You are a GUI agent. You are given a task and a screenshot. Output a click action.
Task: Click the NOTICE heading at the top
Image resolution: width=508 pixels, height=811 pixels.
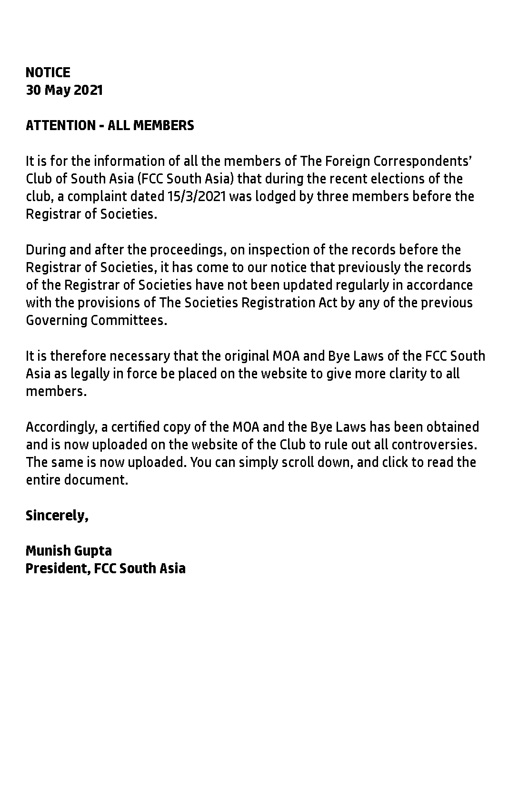click(x=48, y=72)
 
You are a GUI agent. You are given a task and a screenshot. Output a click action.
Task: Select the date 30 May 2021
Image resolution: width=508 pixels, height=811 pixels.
click(x=64, y=90)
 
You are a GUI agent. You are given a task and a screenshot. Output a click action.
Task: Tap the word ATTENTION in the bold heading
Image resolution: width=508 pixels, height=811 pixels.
click(x=60, y=125)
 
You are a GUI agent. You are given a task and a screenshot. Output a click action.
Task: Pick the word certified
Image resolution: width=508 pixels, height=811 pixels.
click(x=131, y=427)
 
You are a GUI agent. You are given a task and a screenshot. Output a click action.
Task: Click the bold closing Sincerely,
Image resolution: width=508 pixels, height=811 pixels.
click(x=57, y=516)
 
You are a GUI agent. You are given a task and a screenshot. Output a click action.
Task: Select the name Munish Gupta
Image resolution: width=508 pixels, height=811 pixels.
click(x=69, y=551)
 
